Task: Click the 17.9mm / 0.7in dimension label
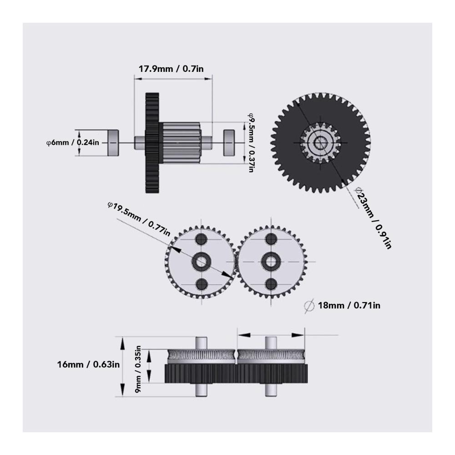tap(174, 69)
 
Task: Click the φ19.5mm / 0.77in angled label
tap(139, 218)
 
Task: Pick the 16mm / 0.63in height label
tap(88, 364)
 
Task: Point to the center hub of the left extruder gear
tap(201, 261)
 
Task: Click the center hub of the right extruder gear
tap(272, 261)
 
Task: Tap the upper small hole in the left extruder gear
tap(201, 239)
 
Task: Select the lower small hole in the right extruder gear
tap(272, 283)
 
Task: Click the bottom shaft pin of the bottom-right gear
tap(272, 389)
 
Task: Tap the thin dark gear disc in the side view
tap(152, 143)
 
